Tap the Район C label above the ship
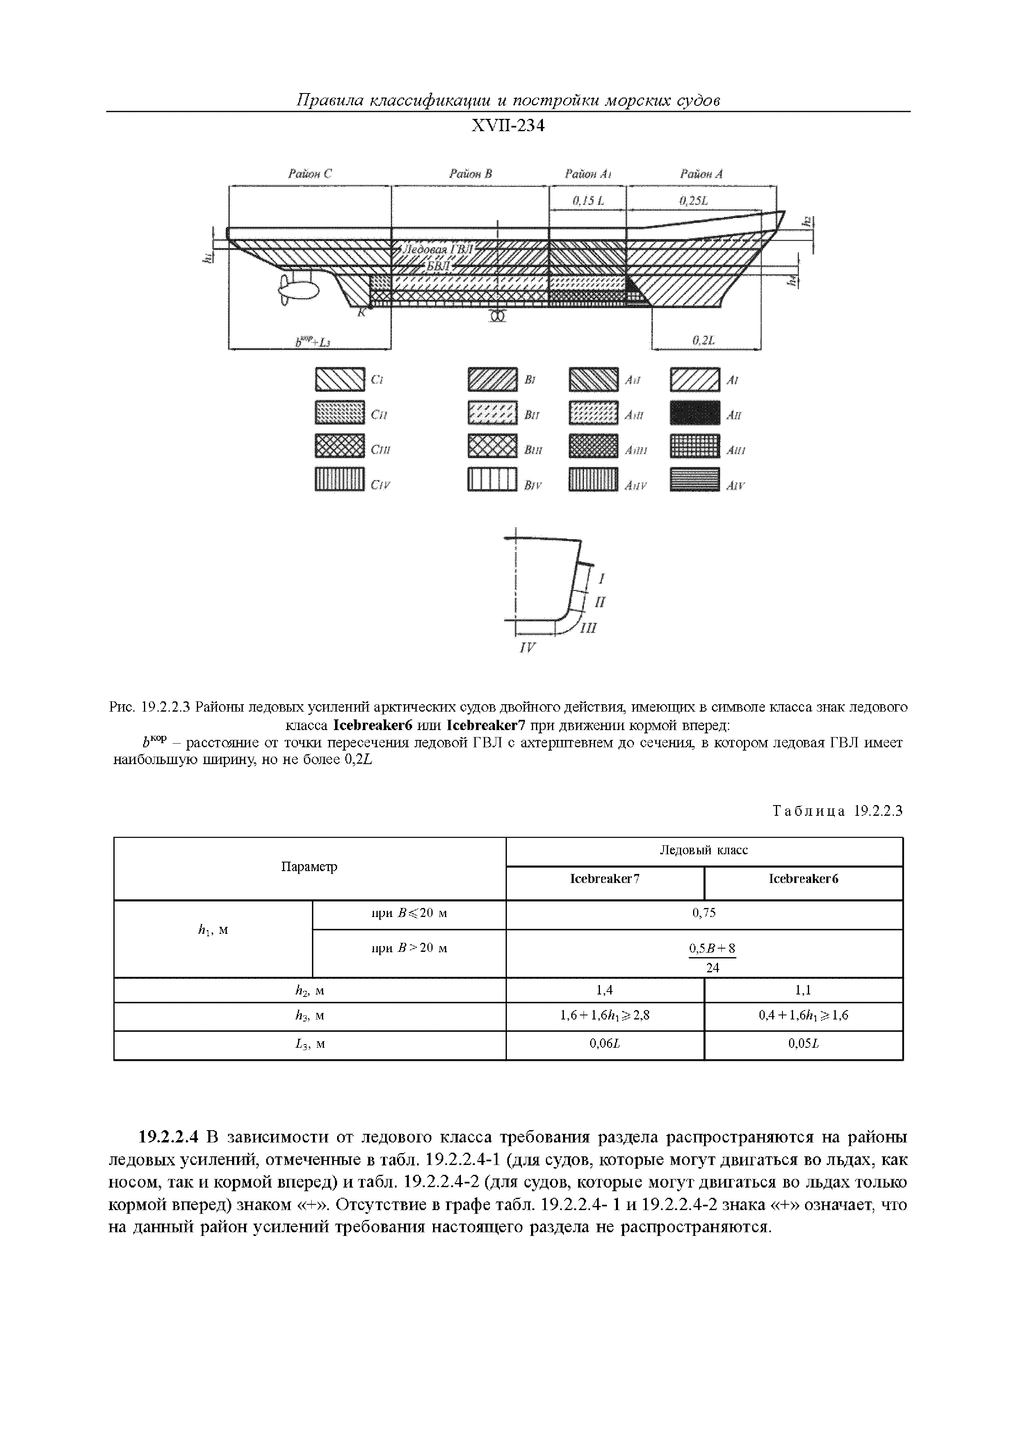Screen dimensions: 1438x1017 pos(310,174)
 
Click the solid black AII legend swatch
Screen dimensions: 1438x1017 pos(694,413)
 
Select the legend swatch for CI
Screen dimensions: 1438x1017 pos(339,380)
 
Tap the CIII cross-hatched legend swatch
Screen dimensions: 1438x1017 pos(339,446)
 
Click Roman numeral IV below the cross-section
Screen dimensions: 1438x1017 pos(528,648)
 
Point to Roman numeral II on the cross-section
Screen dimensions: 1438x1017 pos(600,603)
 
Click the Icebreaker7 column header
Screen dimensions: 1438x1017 pos(605,879)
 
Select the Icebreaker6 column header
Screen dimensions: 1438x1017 pos(803,879)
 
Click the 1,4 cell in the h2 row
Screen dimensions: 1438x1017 pos(605,990)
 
